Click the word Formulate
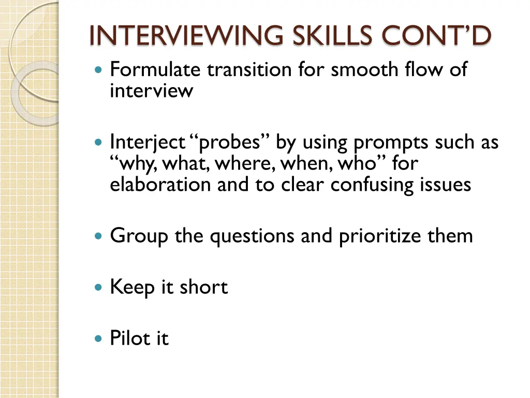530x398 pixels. (x=156, y=69)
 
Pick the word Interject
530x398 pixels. (x=148, y=142)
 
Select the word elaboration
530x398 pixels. (x=161, y=184)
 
